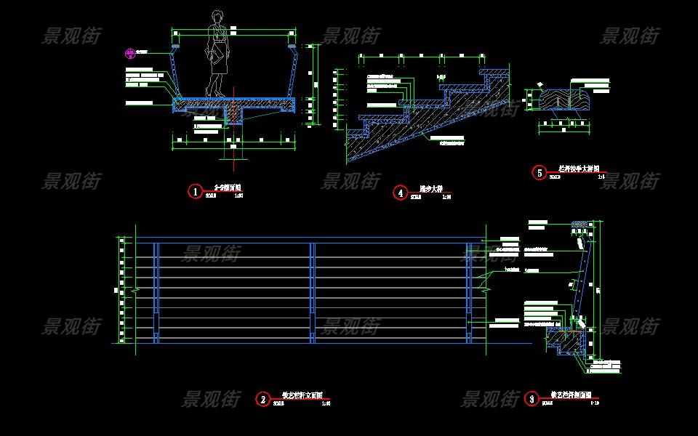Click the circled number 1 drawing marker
click(194, 191)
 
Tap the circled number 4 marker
click(401, 193)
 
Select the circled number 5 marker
click(539, 172)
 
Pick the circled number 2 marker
click(262, 399)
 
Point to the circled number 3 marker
click(531, 398)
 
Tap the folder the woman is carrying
click(217, 55)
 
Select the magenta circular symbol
click(129, 52)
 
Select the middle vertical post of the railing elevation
click(312, 291)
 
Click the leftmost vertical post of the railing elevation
click(155, 291)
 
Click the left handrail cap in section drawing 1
click(175, 47)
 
